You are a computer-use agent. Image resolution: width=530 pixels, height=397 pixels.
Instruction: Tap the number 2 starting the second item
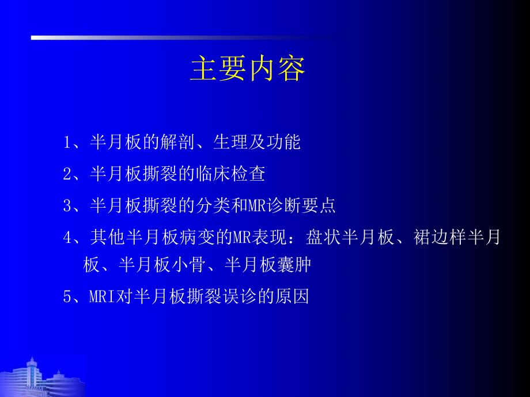(67, 174)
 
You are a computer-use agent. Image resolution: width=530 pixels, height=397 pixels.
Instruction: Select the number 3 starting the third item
(67, 205)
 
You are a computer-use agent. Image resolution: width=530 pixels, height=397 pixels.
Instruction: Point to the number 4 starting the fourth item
(67, 236)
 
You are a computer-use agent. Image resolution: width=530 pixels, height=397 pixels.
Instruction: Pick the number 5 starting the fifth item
(67, 297)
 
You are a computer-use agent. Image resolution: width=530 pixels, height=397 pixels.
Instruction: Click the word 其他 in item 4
(107, 236)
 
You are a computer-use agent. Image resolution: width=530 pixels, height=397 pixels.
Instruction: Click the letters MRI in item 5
(103, 297)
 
